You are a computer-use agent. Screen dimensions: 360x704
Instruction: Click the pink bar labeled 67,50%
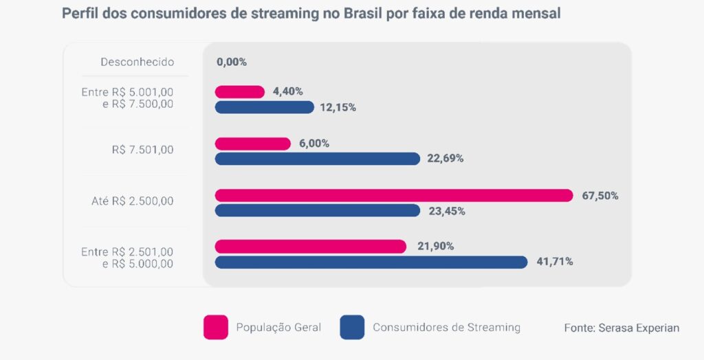pos(393,195)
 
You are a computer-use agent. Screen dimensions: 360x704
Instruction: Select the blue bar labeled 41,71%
pos(371,262)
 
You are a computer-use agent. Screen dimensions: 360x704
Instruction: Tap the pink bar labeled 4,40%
pos(239,91)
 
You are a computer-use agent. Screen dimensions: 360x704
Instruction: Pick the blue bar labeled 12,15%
pos(264,107)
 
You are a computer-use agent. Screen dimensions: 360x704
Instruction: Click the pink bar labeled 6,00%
pos(252,144)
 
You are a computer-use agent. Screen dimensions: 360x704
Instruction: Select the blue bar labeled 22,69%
pos(317,159)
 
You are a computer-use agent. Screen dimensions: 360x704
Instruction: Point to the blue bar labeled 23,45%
pos(317,211)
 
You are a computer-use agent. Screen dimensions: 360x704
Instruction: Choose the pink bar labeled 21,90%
pos(310,246)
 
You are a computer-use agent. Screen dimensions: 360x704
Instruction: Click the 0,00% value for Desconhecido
pos(231,62)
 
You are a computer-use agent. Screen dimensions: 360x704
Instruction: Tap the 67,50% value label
pos(600,196)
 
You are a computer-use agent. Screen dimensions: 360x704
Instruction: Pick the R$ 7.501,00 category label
pos(142,150)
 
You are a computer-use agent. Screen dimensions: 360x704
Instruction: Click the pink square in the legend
pos(215,327)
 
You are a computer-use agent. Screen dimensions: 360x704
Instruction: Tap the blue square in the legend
pos(351,327)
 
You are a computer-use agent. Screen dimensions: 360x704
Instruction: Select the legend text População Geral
pos(278,327)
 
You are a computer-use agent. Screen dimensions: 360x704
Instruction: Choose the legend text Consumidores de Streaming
pos(446,327)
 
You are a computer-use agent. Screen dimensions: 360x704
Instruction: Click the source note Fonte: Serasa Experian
pos(621,328)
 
